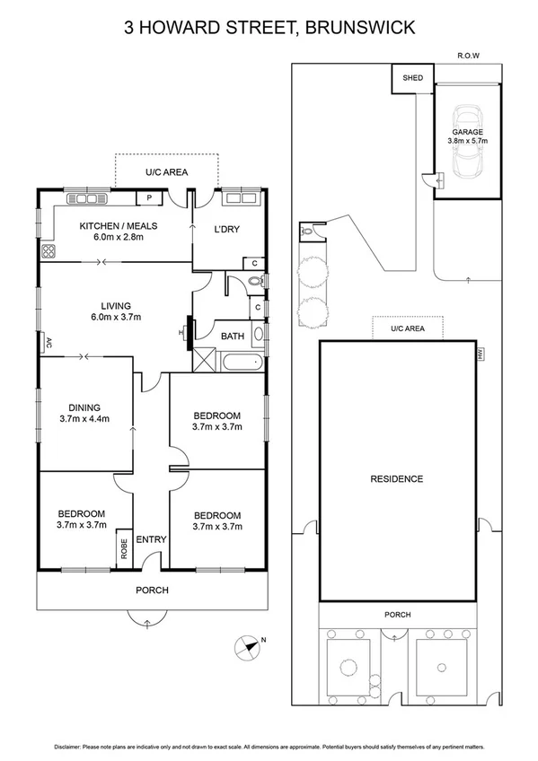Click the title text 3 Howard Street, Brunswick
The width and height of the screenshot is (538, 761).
(269, 28)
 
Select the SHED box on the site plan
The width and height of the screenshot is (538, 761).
(412, 79)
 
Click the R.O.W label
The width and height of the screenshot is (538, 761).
(468, 56)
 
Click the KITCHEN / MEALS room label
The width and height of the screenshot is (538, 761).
(112, 225)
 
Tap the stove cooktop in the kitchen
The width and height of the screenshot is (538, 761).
(47, 252)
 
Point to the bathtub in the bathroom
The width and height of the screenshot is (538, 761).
(240, 363)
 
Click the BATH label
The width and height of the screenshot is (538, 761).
(233, 337)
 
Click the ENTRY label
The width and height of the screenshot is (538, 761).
(151, 539)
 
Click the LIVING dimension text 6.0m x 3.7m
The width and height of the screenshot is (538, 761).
(116, 317)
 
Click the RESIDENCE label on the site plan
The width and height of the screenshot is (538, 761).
(396, 479)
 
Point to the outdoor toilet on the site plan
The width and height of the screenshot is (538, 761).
(308, 231)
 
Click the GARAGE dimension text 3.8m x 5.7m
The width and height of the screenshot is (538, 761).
(467, 140)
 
